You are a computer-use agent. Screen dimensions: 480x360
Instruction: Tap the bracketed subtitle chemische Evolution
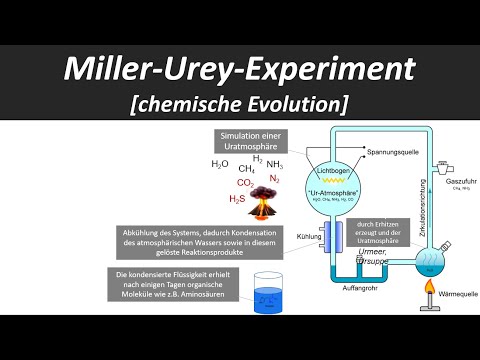(240, 103)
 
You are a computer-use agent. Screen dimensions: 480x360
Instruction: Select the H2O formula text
(220, 163)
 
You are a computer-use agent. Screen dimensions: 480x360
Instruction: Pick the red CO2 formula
(245, 183)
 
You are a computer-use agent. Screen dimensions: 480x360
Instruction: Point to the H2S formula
(236, 199)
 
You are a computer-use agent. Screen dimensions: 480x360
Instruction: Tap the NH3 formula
(275, 165)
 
